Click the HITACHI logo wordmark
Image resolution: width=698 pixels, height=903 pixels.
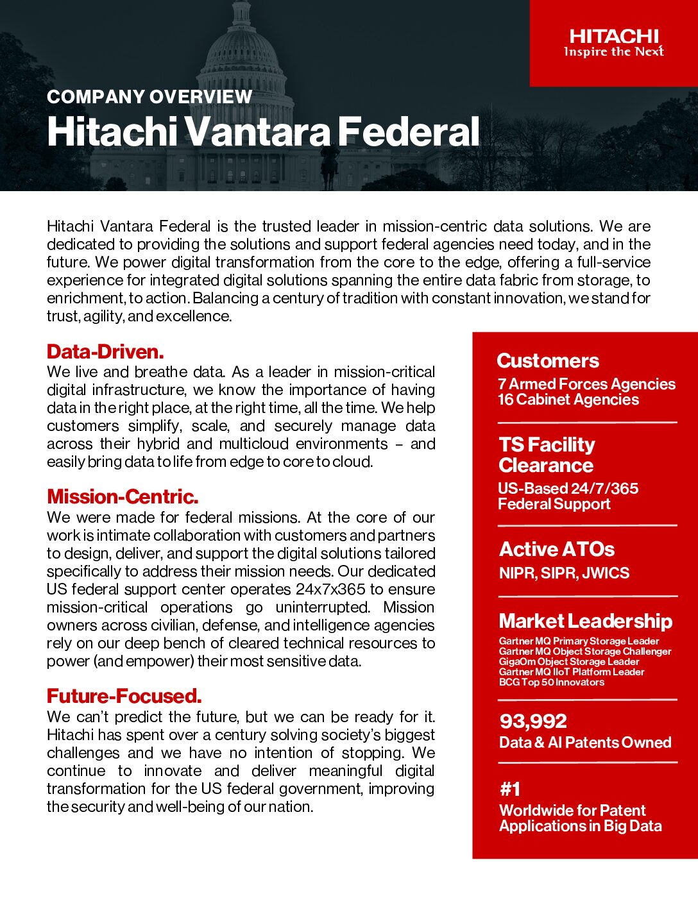[614, 36]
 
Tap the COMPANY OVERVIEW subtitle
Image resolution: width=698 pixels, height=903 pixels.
[149, 97]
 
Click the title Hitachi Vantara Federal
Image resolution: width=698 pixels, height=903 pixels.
[263, 131]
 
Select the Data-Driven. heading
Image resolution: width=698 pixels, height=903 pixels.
[105, 351]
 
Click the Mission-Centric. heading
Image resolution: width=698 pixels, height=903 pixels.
[123, 496]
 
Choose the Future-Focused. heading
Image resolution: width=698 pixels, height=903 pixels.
[124, 696]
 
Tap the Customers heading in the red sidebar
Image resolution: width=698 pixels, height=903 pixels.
[548, 360]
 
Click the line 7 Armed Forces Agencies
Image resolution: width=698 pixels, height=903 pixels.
[586, 384]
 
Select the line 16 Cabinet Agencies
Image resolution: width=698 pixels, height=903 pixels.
[568, 400]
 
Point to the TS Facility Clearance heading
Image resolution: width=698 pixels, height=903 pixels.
[547, 455]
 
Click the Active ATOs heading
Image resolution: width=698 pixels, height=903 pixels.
[557, 549]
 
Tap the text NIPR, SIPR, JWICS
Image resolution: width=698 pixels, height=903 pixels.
[564, 573]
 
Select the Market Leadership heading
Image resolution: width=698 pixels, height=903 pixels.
[586, 621]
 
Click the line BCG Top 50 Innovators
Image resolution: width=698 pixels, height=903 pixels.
[552, 682]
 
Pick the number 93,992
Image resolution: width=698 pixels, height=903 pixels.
[533, 722]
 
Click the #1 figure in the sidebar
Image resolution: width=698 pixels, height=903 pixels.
[510, 789]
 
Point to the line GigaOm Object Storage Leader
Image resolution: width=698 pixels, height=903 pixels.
[569, 661]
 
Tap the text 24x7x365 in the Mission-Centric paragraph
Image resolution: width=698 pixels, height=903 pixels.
[330, 589]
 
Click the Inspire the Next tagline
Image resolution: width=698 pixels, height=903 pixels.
[614, 52]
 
